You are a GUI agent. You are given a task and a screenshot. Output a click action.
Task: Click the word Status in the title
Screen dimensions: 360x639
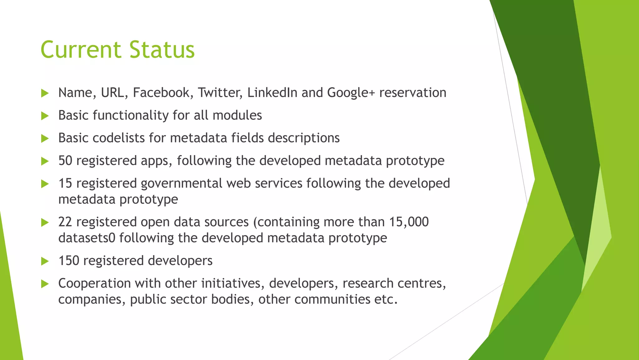click(x=162, y=50)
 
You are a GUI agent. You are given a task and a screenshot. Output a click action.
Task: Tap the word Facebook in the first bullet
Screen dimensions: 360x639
click(x=161, y=93)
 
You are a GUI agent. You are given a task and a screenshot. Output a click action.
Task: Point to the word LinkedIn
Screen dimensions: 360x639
click(x=272, y=93)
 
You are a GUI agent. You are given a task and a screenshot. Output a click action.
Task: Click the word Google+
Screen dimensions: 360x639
click(x=351, y=93)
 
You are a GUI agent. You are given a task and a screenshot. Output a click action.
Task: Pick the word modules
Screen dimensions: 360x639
click(x=237, y=115)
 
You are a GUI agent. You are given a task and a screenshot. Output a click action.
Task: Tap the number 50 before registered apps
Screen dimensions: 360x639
click(x=65, y=161)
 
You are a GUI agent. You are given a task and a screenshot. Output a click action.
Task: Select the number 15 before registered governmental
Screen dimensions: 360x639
click(x=65, y=183)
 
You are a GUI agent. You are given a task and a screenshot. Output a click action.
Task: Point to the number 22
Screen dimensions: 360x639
click(x=65, y=222)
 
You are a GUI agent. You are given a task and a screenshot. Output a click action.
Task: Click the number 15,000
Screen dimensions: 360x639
click(x=409, y=222)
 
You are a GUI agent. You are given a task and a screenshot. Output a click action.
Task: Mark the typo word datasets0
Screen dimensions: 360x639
click(x=87, y=238)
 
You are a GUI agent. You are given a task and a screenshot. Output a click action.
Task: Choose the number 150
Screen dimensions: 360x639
click(x=69, y=261)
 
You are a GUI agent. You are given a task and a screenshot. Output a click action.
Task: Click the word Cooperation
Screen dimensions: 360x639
click(x=95, y=284)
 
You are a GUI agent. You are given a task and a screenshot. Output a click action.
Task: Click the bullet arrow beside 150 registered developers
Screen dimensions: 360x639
click(x=45, y=261)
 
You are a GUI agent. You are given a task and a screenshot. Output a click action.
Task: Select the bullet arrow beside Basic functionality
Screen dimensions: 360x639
click(x=45, y=116)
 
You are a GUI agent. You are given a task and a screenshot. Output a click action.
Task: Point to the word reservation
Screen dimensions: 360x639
click(x=412, y=93)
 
